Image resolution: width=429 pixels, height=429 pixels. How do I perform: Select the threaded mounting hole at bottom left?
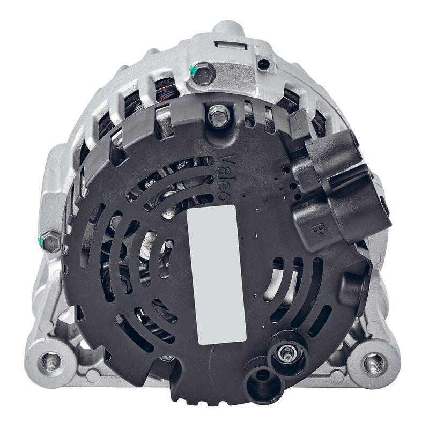(x=51, y=361)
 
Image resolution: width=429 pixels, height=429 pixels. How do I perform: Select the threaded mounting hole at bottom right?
(x=374, y=364)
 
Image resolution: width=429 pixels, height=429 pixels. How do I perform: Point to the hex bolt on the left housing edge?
(x=51, y=242)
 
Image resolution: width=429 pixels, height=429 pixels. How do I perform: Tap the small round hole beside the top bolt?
(x=263, y=64)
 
